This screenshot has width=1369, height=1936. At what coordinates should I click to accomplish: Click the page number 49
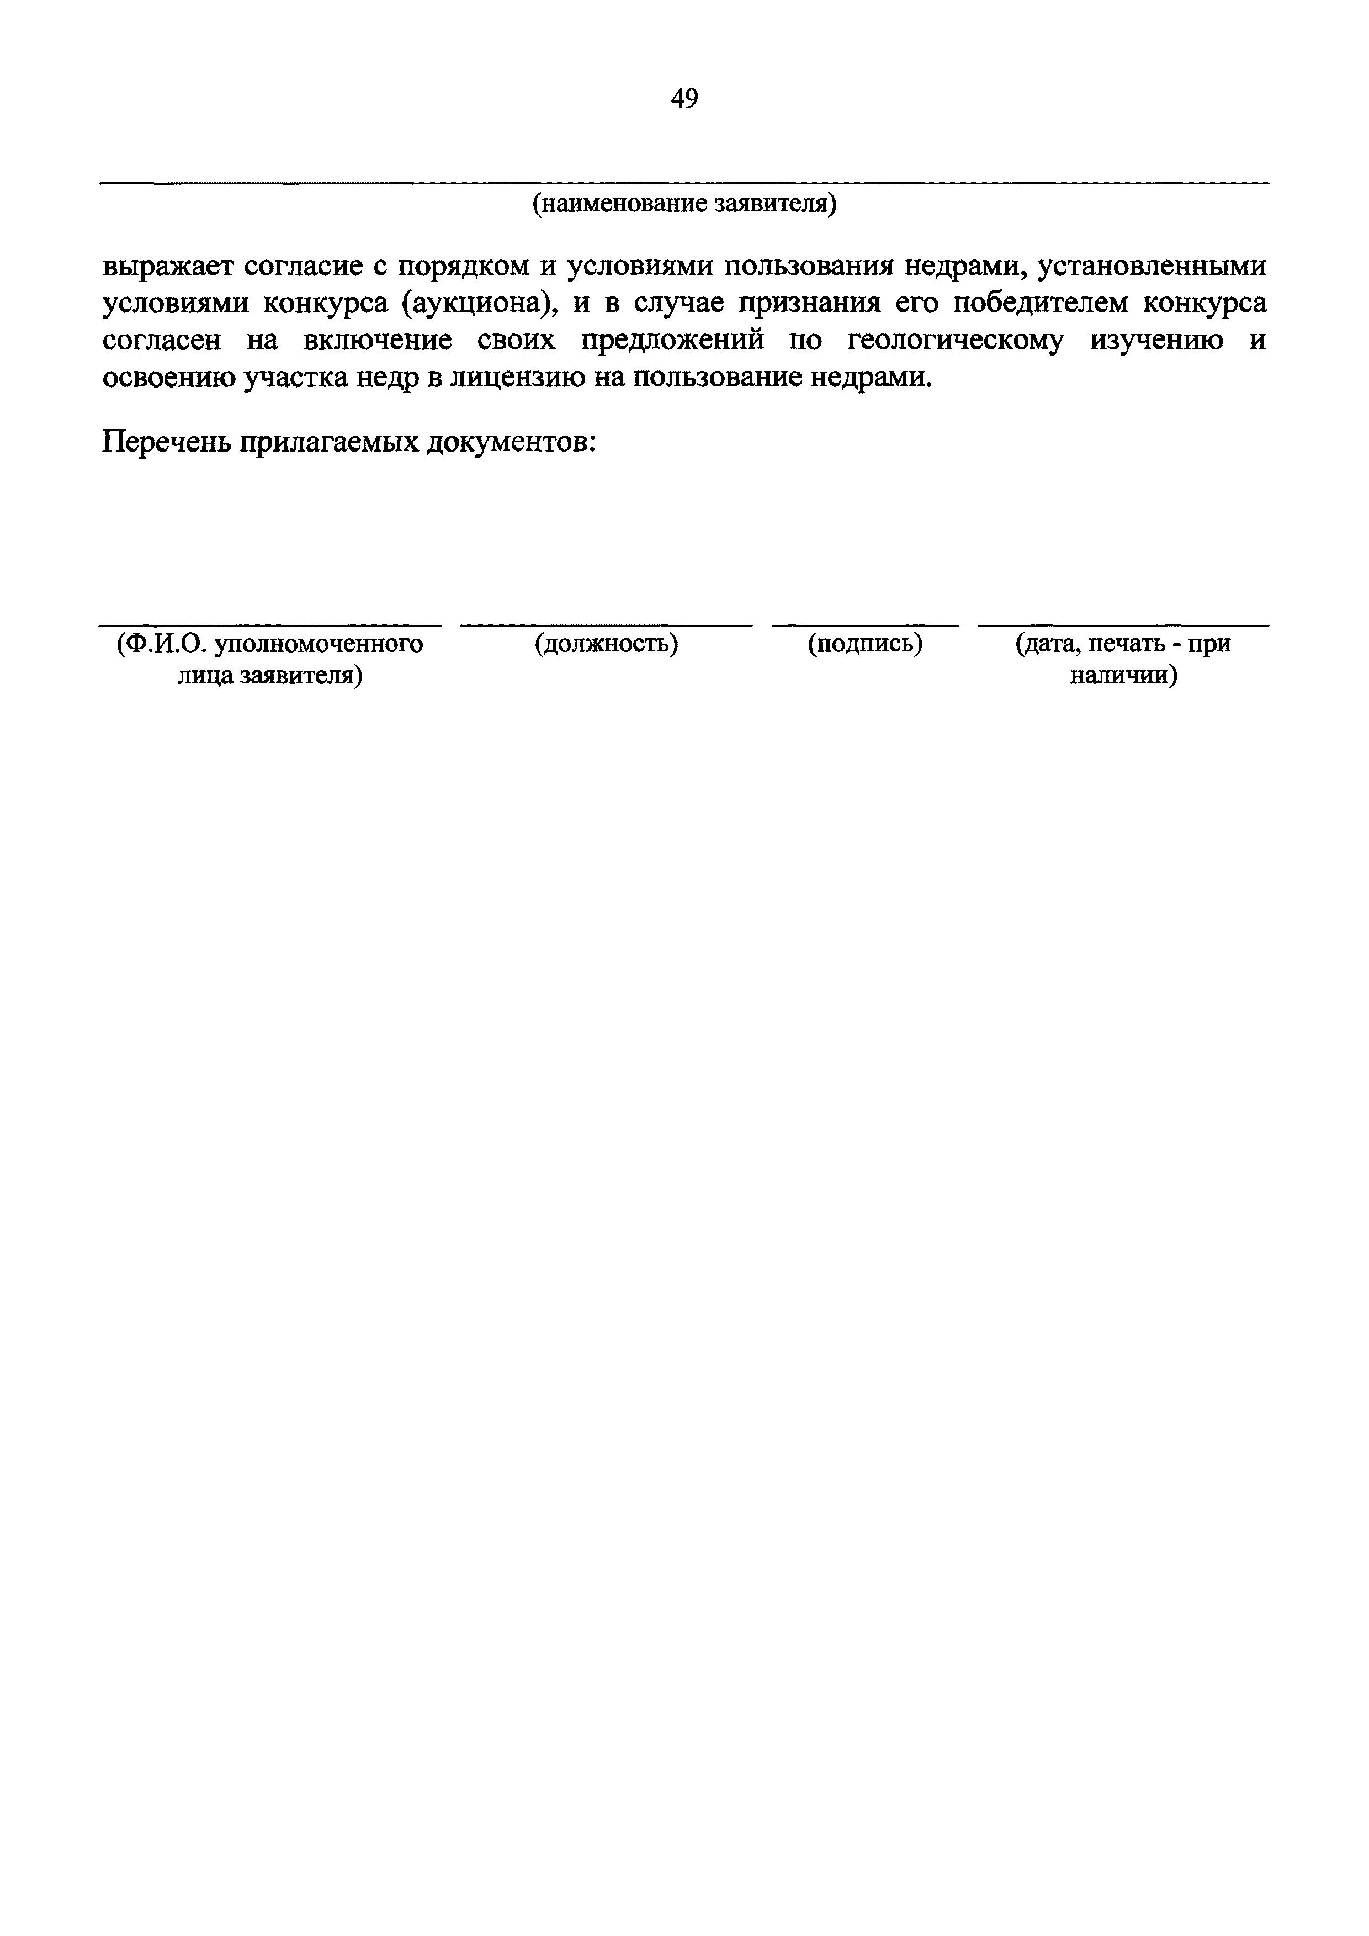(684, 99)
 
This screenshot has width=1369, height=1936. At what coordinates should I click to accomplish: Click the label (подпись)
(865, 644)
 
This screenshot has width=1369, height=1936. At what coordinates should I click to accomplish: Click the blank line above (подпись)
(865, 625)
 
